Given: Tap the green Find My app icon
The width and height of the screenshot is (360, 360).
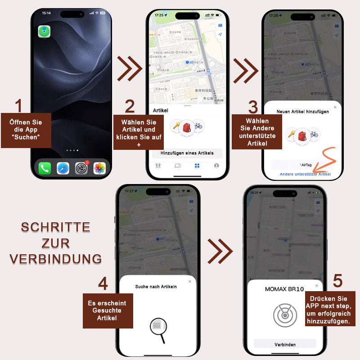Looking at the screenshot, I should [x=44, y=31].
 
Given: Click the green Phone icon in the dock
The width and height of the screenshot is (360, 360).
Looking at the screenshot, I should [x=45, y=169].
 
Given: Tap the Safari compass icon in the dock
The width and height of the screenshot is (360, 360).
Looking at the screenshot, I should [x=63, y=169].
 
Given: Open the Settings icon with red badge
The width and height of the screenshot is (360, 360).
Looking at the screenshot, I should [x=81, y=169].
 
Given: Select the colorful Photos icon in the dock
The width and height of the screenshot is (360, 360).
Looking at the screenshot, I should [x=99, y=169].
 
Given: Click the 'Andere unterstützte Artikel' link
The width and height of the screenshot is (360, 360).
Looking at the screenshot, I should [x=305, y=174].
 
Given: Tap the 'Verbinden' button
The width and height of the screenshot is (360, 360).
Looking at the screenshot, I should [x=285, y=344].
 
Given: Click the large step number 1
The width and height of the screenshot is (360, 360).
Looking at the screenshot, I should [x=18, y=106].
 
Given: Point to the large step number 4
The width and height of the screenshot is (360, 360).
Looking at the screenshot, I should [x=103, y=284].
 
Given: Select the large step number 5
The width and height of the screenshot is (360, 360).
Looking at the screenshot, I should [x=337, y=281].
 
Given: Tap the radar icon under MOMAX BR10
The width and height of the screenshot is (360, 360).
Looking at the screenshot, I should [x=285, y=315].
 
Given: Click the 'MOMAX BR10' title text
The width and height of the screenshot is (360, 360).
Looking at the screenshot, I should [x=284, y=289].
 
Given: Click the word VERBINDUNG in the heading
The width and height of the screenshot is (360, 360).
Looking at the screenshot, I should [x=55, y=259].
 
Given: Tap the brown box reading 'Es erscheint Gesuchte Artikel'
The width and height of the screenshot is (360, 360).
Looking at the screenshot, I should [x=108, y=310].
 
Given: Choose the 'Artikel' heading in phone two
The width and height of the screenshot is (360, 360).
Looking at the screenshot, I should [x=161, y=110].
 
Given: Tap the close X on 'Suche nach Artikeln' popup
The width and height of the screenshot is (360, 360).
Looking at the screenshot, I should [x=189, y=281].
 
